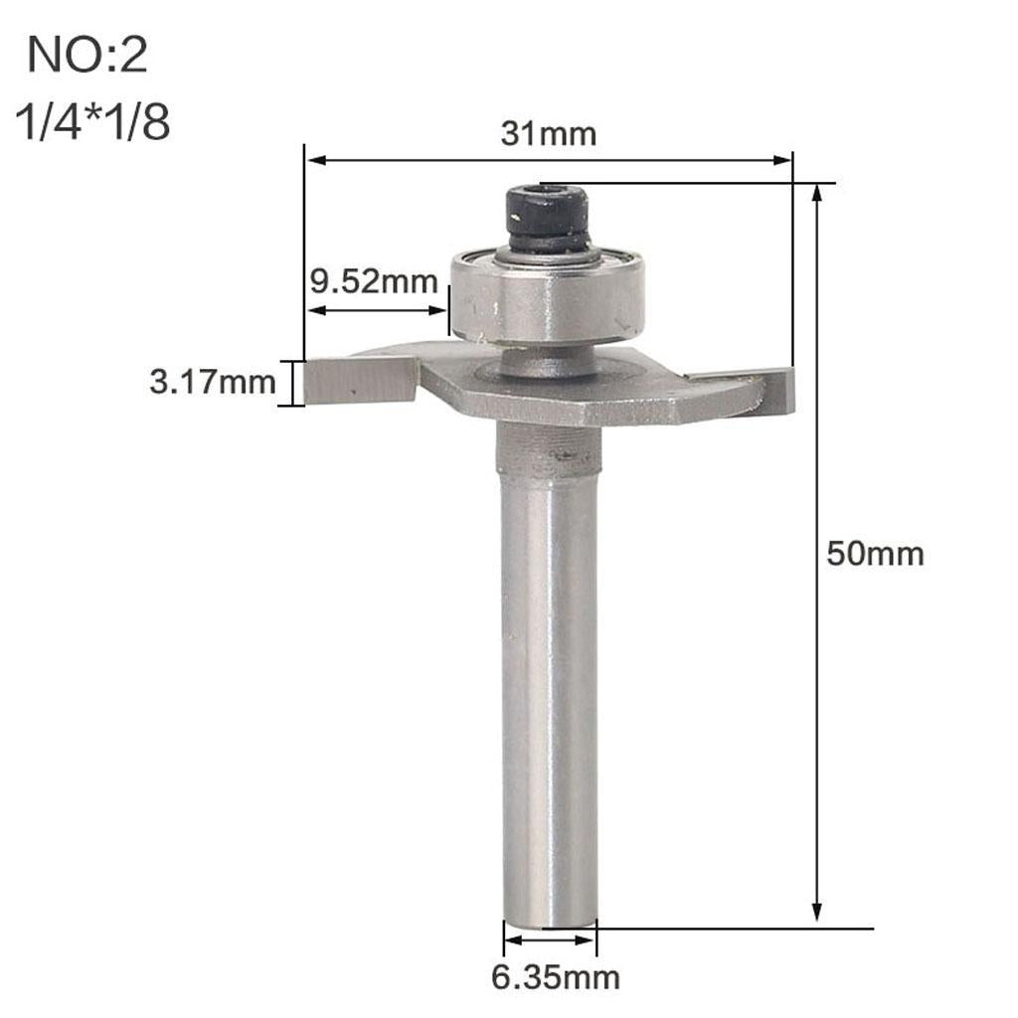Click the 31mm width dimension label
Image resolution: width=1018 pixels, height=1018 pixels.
tap(548, 134)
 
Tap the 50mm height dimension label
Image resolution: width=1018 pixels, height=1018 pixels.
tap(875, 554)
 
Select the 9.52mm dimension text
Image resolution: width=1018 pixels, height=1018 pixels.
tap(374, 281)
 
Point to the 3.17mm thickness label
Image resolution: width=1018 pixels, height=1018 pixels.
tap(213, 381)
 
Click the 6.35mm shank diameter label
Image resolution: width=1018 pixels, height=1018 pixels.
tap(555, 977)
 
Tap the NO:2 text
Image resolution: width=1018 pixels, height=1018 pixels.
tap(87, 56)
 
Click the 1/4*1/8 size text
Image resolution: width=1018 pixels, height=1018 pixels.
tap(92, 121)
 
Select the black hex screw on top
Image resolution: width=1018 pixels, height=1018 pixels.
tap(548, 219)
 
